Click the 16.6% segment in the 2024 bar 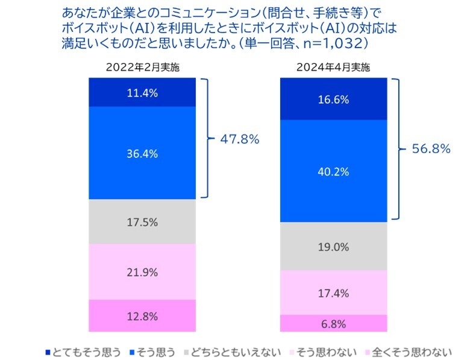(x=333, y=99)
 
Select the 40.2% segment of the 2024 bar (x=333, y=171)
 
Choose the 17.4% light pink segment (x=333, y=292)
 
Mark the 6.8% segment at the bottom (x=333, y=323)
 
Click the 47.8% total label (x=240, y=139)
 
